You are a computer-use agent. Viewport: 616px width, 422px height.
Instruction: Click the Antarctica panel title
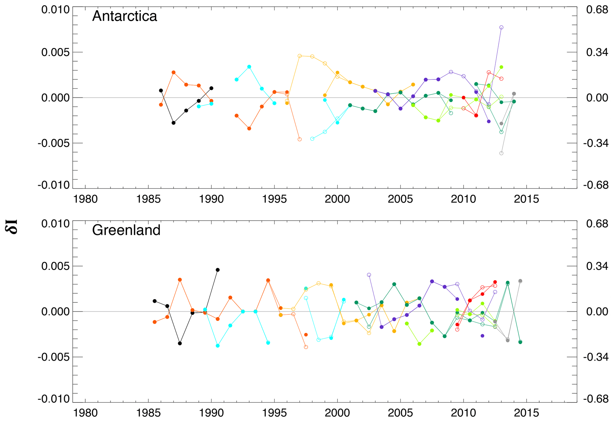[124, 16]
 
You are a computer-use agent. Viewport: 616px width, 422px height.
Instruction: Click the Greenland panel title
[126, 230]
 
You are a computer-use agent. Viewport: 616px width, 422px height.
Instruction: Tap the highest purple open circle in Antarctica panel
[501, 27]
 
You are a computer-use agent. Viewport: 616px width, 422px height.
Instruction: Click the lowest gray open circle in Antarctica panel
[501, 153]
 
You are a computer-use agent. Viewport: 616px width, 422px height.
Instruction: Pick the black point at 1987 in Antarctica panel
[173, 123]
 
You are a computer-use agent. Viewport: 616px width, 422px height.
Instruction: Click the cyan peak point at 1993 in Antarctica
[249, 67]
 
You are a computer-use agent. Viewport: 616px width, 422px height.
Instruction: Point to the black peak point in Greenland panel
[218, 270]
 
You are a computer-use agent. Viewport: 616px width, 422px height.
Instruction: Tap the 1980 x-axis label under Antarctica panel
[85, 199]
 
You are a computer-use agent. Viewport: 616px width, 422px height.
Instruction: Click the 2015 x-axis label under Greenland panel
[526, 413]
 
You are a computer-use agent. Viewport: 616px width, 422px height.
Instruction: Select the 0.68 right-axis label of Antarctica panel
[597, 10]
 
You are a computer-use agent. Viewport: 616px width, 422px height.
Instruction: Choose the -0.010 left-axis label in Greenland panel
[54, 399]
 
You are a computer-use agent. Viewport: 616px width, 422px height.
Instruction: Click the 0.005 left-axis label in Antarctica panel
[55, 52]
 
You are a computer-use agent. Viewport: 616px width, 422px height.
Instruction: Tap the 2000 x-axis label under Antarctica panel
[337, 199]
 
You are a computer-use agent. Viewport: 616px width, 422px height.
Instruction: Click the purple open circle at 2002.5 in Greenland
[369, 275]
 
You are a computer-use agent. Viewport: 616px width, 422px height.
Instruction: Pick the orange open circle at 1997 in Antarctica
[300, 139]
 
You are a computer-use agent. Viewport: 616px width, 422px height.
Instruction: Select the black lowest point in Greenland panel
[180, 343]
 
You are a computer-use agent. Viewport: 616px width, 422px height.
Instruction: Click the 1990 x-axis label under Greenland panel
[211, 413]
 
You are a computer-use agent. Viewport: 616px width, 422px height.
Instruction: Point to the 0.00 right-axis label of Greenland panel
[597, 312]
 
